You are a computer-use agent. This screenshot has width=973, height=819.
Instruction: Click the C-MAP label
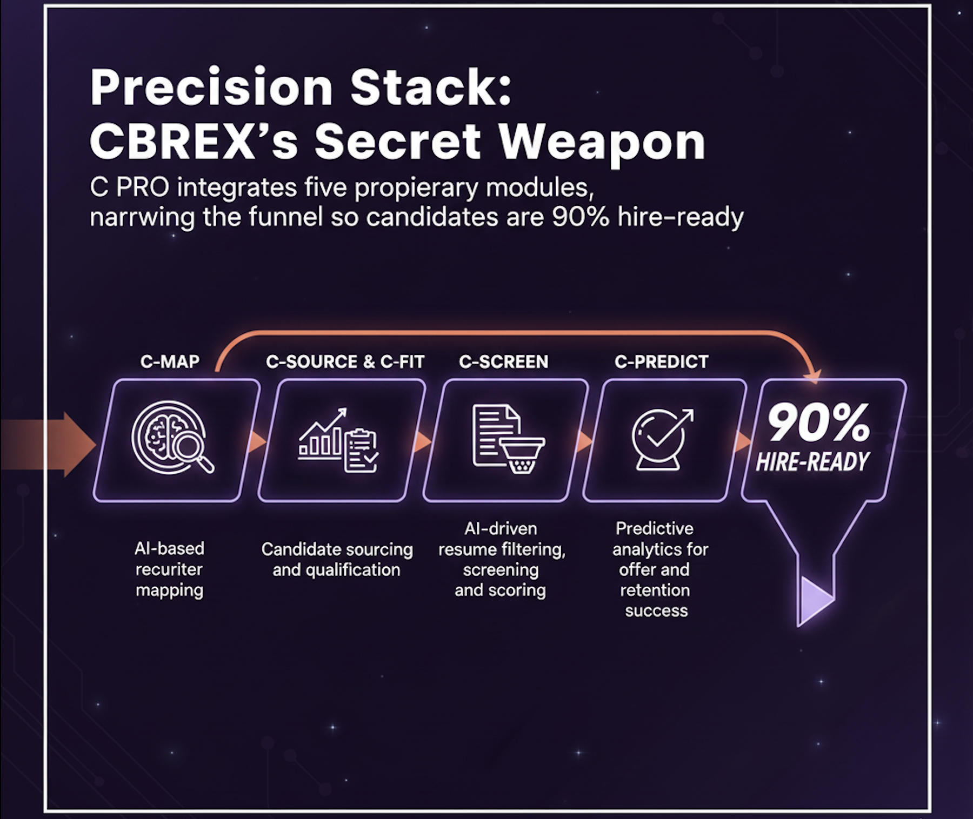(x=170, y=361)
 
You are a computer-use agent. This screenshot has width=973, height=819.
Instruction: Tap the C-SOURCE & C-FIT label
(x=345, y=361)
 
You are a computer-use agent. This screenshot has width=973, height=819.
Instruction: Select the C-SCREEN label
(x=503, y=361)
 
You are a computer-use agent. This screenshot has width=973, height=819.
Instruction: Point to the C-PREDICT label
(x=661, y=361)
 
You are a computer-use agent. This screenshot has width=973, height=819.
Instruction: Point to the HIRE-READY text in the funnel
(x=812, y=462)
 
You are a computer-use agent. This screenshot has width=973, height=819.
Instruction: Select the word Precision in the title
(x=211, y=87)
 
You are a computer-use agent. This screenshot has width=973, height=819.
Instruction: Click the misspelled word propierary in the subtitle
(x=416, y=187)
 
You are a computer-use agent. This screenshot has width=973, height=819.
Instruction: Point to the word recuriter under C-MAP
(x=169, y=569)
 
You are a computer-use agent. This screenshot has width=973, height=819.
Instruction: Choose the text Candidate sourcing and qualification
(x=337, y=559)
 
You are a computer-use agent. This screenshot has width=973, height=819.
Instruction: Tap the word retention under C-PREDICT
(x=655, y=590)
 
